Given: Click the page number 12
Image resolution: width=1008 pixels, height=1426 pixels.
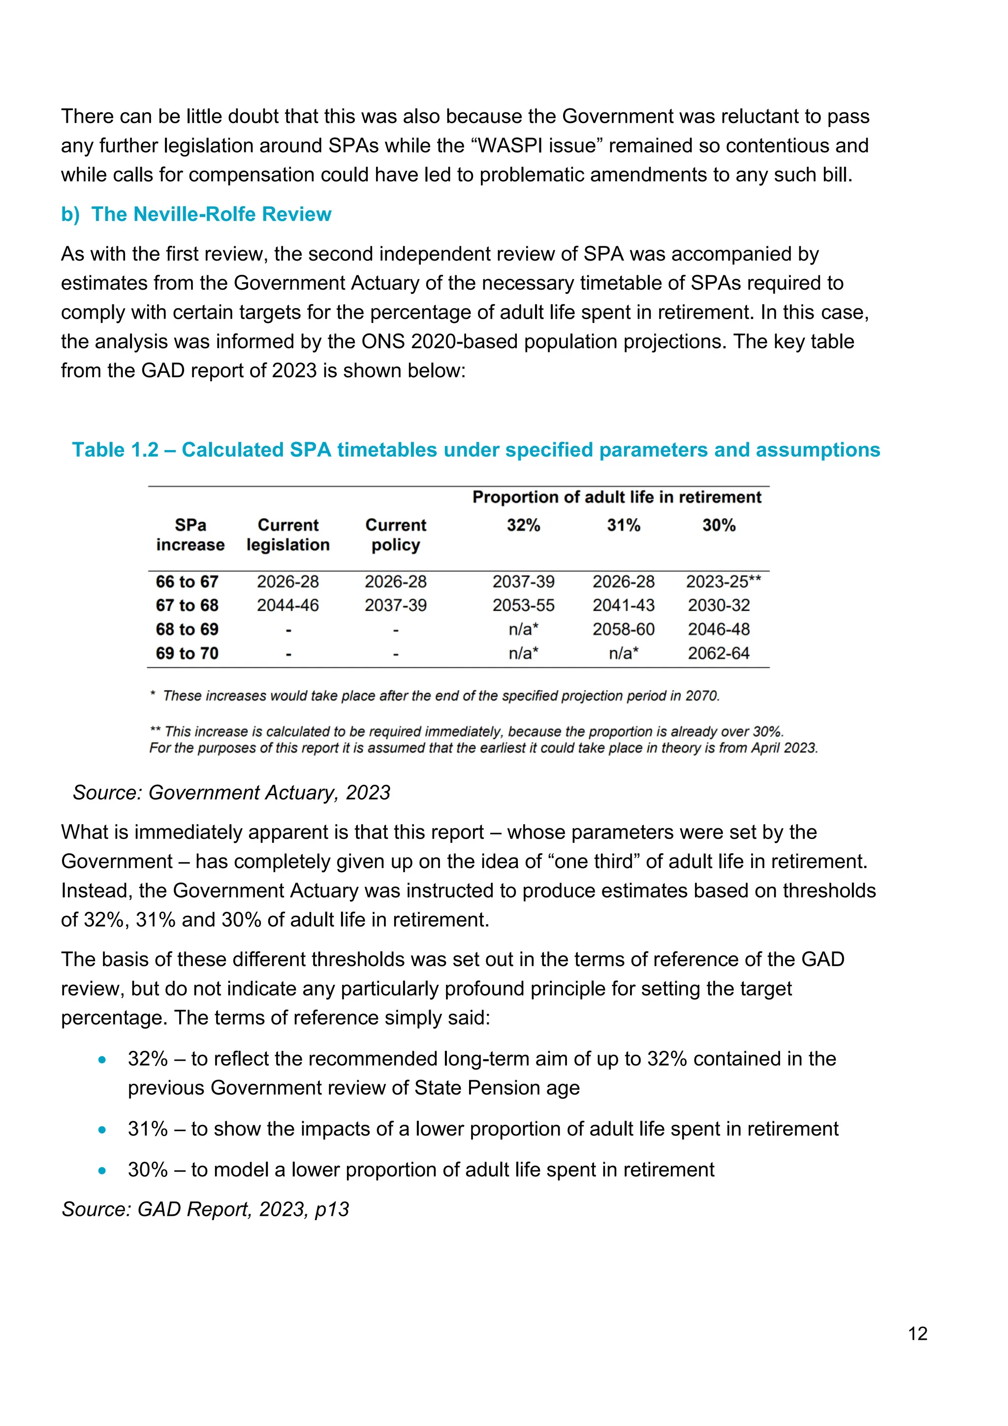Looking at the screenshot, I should pyautogui.click(x=917, y=1333).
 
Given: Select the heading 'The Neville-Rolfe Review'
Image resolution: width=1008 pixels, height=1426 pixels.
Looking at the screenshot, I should pyautogui.click(x=211, y=214).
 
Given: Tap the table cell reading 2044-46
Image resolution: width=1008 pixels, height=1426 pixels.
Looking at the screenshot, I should pyautogui.click(x=287, y=605).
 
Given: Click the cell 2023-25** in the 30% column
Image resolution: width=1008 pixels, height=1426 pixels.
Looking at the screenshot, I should pyautogui.click(x=723, y=582).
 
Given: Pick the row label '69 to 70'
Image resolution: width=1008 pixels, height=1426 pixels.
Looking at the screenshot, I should pyautogui.click(x=187, y=653).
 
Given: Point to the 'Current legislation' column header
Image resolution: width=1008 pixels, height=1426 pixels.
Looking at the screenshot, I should pyautogui.click(x=288, y=535).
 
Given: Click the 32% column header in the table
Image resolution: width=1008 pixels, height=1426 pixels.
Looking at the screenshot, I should pyautogui.click(x=523, y=525).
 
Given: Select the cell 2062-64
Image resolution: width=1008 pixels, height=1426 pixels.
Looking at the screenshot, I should pyautogui.click(x=719, y=653).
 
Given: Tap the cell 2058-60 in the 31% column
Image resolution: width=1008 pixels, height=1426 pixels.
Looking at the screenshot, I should pyautogui.click(x=623, y=629).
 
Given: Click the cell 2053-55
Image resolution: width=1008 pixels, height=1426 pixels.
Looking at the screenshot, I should pyautogui.click(x=523, y=605).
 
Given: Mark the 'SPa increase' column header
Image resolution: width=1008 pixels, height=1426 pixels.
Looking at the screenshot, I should pyautogui.click(x=190, y=535).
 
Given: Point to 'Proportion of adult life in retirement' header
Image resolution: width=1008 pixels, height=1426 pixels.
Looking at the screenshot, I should pyautogui.click(x=616, y=497).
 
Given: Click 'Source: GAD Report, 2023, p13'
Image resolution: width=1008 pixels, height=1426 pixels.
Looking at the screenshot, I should pyautogui.click(x=205, y=1209).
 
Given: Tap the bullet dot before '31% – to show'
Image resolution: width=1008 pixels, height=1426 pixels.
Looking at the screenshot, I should pyautogui.click(x=102, y=1130).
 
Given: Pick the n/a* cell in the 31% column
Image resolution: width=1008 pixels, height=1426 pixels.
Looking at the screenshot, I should pyautogui.click(x=623, y=653).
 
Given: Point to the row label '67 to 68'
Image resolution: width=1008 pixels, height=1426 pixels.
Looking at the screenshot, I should pyautogui.click(x=187, y=605).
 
